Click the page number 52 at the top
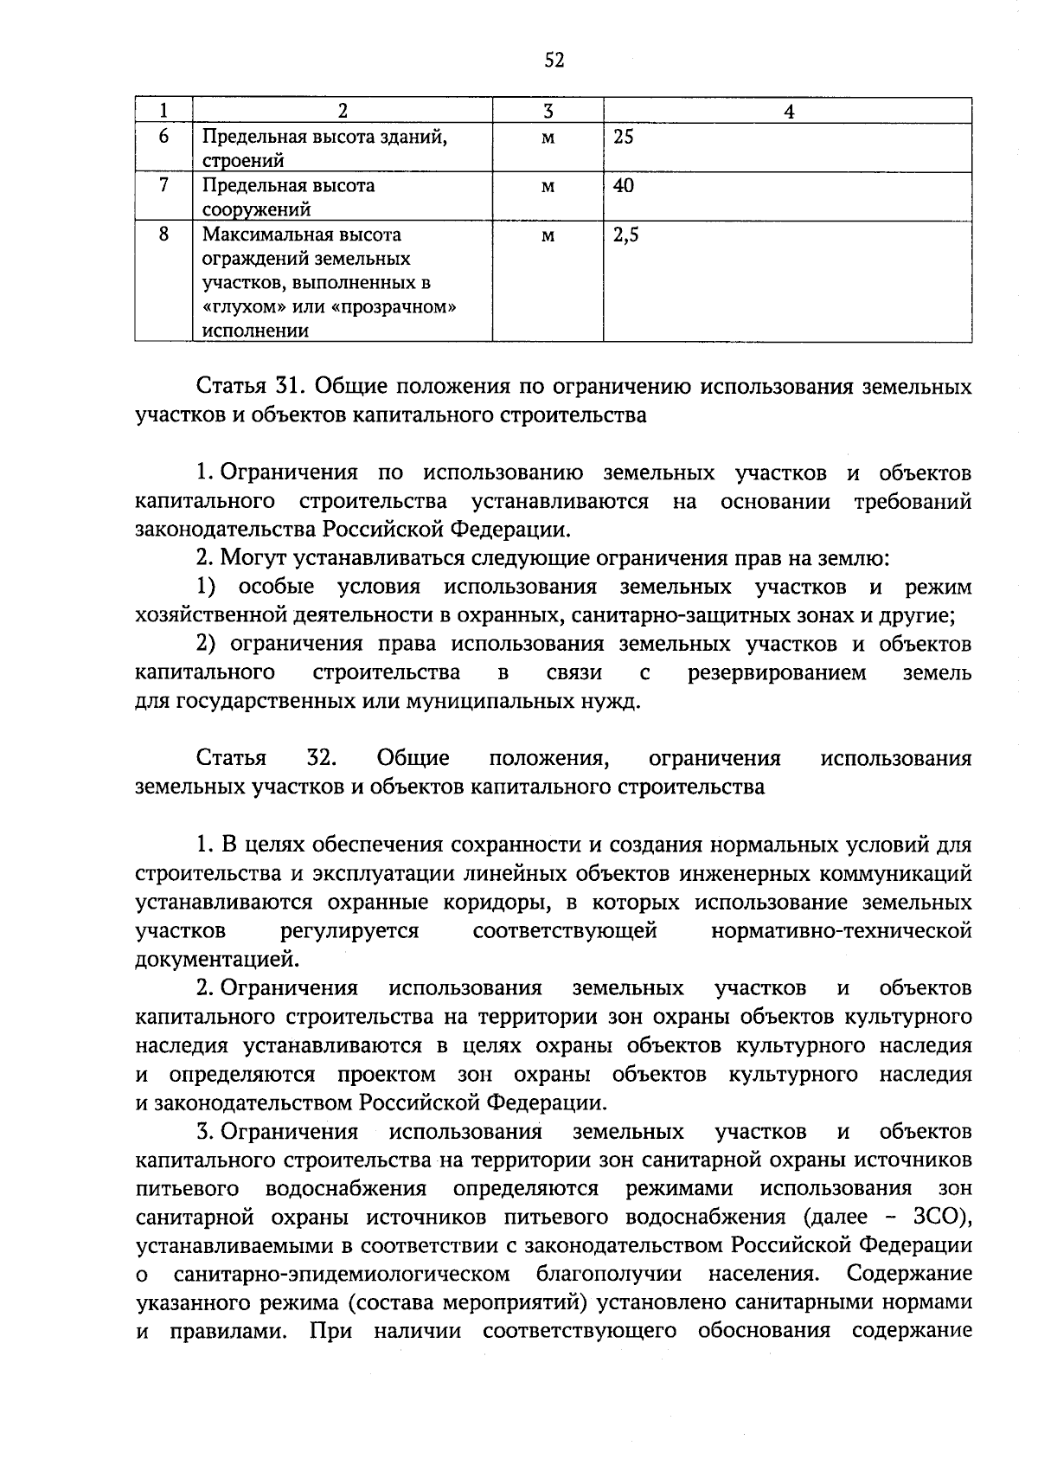click(554, 60)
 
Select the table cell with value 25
click(623, 137)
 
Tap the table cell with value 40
click(623, 185)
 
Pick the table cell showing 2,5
click(625, 235)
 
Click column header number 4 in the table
click(788, 111)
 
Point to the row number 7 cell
click(163, 185)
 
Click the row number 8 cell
click(163, 235)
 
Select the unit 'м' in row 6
click(548, 137)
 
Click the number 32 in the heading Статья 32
click(321, 758)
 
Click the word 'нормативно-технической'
click(840, 930)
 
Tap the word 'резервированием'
click(777, 672)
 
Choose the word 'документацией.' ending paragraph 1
click(218, 959)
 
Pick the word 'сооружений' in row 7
click(256, 209)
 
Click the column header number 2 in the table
click(343, 111)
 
